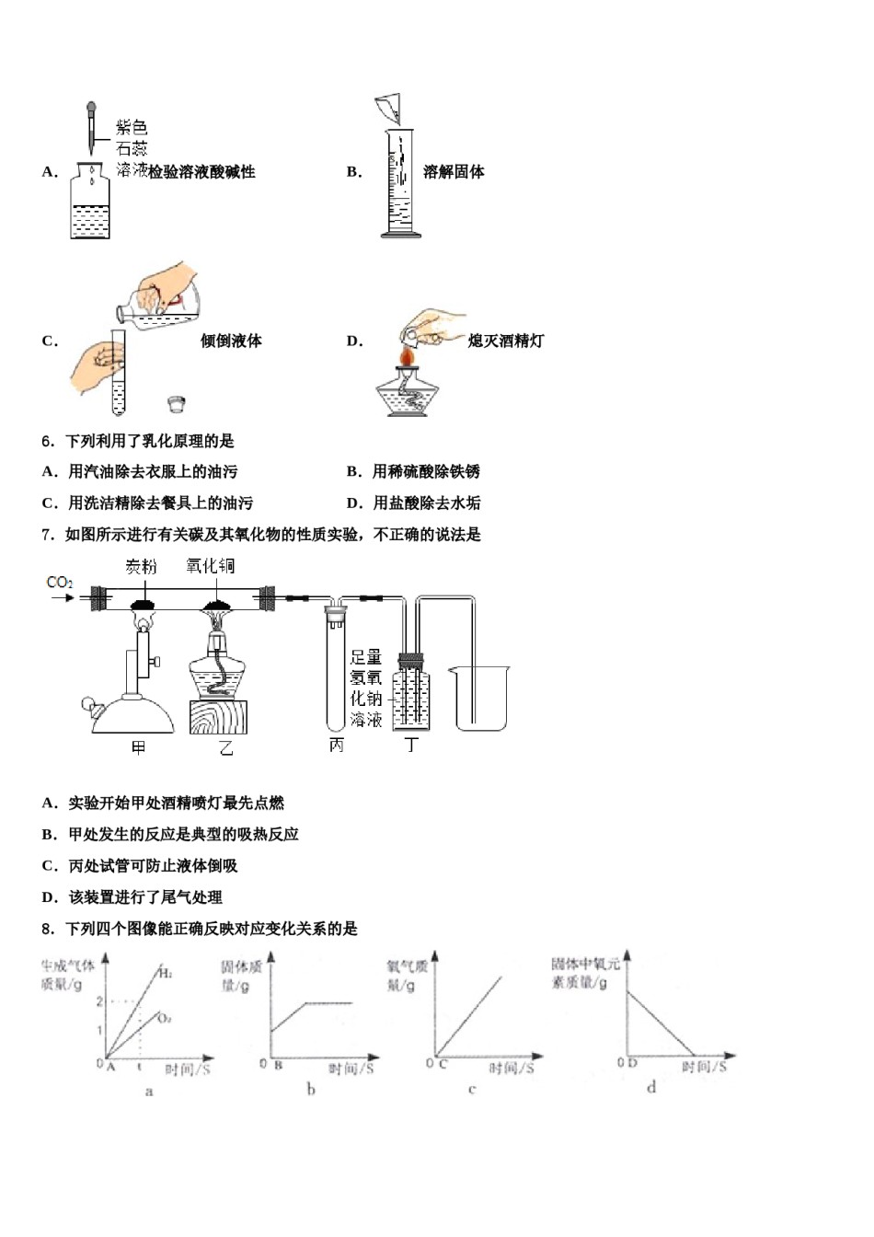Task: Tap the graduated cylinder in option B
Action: (x=400, y=184)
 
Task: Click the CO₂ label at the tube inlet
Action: (x=59, y=582)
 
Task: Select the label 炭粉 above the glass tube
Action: (x=141, y=567)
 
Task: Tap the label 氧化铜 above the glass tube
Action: (x=210, y=565)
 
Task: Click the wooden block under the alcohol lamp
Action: (x=218, y=716)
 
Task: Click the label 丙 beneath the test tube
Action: (x=337, y=746)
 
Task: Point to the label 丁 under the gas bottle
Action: (x=411, y=746)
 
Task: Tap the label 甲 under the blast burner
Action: (x=139, y=747)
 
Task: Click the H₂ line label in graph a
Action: (x=165, y=972)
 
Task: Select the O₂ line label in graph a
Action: (x=164, y=1018)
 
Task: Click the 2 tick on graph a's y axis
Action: (x=99, y=1001)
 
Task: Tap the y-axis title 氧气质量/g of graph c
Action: (x=407, y=976)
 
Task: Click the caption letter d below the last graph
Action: (x=651, y=1087)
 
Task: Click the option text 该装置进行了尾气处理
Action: (x=145, y=896)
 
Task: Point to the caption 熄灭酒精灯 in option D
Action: (x=505, y=341)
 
